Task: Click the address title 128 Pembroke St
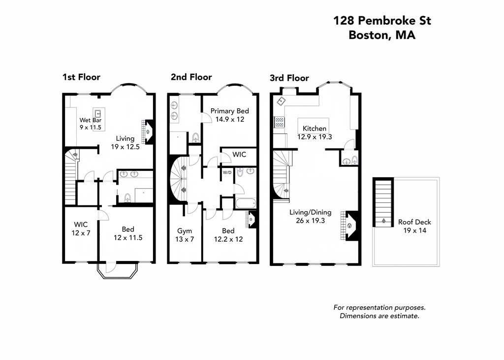coord(382,21)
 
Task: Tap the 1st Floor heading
coord(81,77)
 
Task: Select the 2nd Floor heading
coord(191,77)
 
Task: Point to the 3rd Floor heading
coord(289,78)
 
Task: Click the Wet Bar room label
coord(90,124)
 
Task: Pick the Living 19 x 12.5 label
coord(125,143)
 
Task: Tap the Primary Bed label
coord(229,115)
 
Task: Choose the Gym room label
coord(185,235)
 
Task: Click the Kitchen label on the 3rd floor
coord(315,132)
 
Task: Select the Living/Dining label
coord(310,217)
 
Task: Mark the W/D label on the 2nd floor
coord(227,172)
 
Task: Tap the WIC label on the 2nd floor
coord(239,155)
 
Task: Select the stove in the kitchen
coord(279,122)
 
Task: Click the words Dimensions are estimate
coord(379,316)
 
